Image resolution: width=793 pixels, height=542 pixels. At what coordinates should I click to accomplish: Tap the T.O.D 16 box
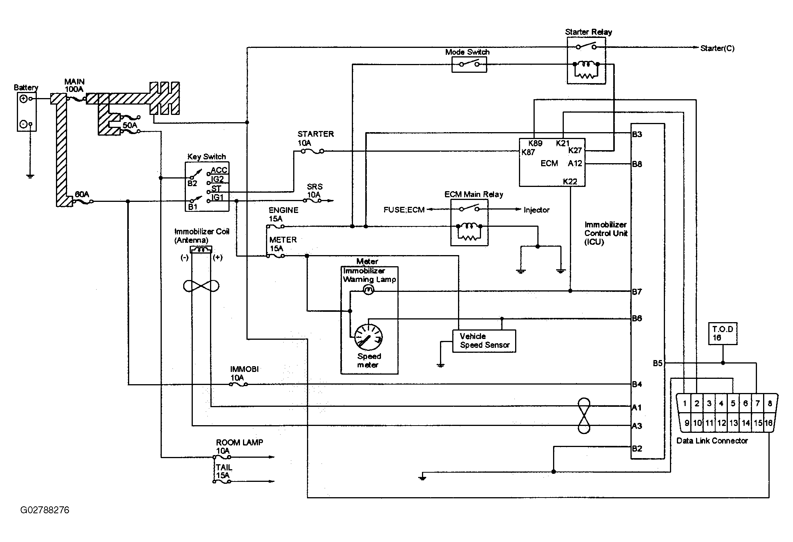pos(723,334)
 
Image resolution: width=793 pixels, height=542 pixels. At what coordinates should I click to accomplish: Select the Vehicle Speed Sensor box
pos(484,341)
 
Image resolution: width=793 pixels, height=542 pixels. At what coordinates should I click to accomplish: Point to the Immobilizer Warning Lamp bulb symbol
pos(368,291)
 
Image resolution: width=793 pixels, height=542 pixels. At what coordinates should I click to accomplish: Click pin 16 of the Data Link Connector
pos(768,423)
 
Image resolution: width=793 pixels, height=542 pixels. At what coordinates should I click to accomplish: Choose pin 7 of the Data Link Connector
pos(757,403)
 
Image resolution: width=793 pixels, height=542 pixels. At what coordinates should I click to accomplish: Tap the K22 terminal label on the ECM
pos(570,182)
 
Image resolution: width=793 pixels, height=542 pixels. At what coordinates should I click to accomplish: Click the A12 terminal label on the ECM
pos(575,164)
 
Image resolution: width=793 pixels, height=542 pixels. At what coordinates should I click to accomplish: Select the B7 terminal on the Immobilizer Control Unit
pos(637,292)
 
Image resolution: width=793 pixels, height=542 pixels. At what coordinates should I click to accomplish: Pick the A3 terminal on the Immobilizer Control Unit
pos(637,426)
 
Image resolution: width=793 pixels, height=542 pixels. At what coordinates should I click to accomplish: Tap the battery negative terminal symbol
pos(23,124)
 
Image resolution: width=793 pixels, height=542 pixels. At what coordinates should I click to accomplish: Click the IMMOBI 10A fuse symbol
pos(238,384)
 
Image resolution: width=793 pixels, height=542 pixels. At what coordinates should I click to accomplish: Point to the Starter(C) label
pos(717,48)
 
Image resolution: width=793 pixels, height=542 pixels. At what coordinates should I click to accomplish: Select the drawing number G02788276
pos(45,510)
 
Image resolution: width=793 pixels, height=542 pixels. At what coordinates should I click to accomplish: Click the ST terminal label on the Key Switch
pos(216,188)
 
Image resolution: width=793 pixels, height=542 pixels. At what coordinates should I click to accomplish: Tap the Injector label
pos(537,210)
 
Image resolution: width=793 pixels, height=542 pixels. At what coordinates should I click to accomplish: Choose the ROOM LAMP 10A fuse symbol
pos(222,457)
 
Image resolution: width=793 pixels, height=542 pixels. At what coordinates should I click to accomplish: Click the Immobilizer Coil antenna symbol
pos(201,250)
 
